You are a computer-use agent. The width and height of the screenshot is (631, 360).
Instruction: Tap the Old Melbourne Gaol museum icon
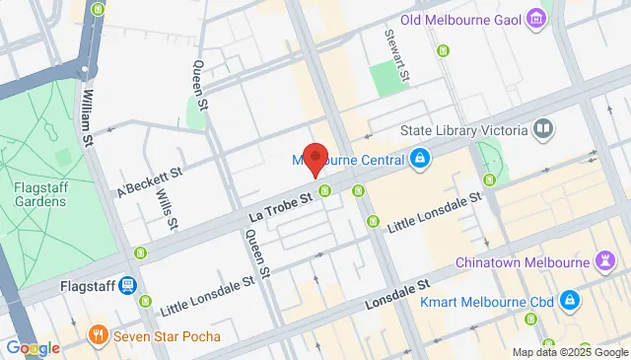[x=535, y=18]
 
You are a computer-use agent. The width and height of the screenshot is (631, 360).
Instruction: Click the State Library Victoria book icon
[x=542, y=130]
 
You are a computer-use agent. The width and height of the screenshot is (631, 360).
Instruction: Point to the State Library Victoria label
[x=463, y=131]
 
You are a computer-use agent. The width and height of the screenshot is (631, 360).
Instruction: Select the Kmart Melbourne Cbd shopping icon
[x=569, y=298]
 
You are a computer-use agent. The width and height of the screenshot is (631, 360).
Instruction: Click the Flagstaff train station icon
[x=127, y=285]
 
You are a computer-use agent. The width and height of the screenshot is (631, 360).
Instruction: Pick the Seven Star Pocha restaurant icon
[x=97, y=335]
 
